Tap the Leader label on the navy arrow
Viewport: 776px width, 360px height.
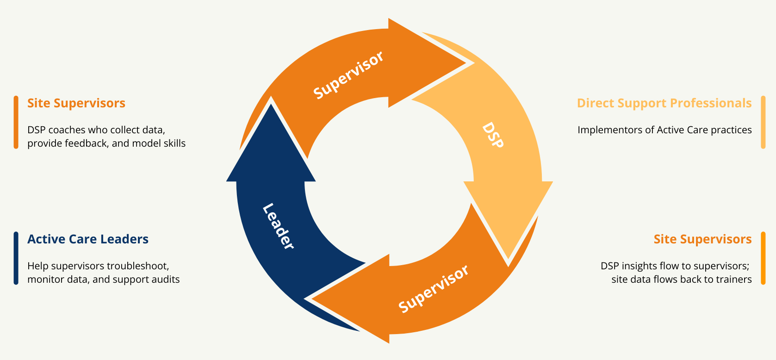[278, 226]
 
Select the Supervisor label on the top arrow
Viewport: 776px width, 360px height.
[348, 74]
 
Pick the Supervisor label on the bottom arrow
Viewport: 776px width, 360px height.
[434, 289]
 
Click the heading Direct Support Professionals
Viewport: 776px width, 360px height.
[664, 103]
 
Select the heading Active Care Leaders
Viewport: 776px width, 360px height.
[88, 239]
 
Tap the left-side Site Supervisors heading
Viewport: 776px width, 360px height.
[76, 103]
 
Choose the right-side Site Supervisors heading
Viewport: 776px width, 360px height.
[702, 239]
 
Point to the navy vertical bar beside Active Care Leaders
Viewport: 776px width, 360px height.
[16, 258]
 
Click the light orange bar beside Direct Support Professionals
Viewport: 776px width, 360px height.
[763, 122]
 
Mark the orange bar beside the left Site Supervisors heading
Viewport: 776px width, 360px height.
[16, 122]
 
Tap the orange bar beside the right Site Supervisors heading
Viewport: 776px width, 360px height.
[763, 258]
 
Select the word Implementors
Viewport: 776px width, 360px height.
[604, 130]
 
